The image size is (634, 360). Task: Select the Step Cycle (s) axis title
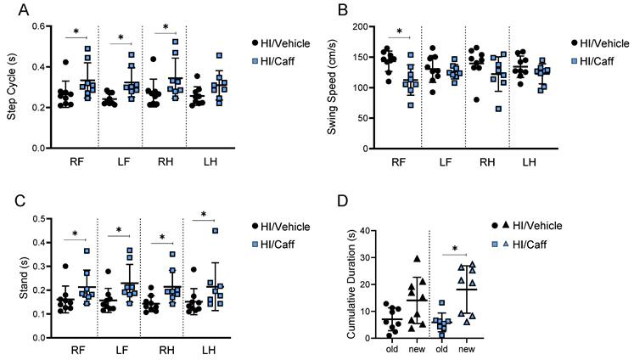[12, 87]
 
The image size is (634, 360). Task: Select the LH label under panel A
[218, 161]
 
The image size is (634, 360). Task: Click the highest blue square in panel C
[216, 230]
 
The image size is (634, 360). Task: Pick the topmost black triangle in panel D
[418, 259]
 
